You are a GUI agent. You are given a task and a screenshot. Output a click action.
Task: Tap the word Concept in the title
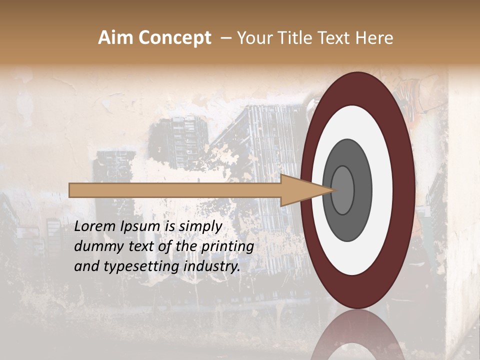click(x=174, y=38)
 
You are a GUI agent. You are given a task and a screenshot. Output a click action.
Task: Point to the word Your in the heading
click(x=254, y=38)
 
